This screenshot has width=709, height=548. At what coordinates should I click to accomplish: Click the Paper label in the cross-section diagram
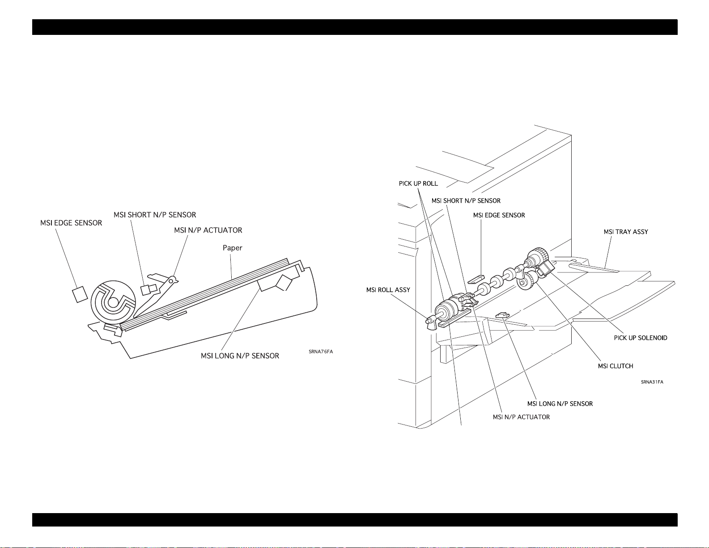[232, 248]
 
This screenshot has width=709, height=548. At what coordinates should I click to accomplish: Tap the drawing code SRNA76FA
[320, 352]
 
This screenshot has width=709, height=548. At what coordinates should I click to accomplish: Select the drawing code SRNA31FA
[652, 382]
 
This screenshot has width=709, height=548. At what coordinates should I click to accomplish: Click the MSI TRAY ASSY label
[625, 232]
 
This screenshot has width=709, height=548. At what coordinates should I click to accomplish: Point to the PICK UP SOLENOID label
[640, 338]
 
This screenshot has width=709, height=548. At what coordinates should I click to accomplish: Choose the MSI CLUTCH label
[615, 366]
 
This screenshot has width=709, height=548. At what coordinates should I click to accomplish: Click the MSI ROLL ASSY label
[388, 290]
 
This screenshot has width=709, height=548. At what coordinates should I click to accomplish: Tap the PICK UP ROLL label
[418, 183]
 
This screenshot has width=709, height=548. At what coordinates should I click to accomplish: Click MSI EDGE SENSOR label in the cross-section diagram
[71, 223]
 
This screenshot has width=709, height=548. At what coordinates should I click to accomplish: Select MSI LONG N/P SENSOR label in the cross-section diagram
[240, 356]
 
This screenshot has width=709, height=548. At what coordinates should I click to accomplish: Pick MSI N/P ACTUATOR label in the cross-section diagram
[208, 230]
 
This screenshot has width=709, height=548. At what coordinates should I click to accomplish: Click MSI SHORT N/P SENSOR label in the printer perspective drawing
[466, 201]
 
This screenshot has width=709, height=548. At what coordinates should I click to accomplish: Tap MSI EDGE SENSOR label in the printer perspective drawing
[499, 215]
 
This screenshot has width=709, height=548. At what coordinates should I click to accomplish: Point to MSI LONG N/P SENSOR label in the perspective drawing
[560, 404]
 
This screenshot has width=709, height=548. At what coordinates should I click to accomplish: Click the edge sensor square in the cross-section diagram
[80, 294]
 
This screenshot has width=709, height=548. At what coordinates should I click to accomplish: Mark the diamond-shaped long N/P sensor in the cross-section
[284, 283]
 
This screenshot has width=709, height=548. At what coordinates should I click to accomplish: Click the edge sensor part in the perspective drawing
[475, 280]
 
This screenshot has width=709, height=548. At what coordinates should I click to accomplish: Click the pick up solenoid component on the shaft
[544, 268]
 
